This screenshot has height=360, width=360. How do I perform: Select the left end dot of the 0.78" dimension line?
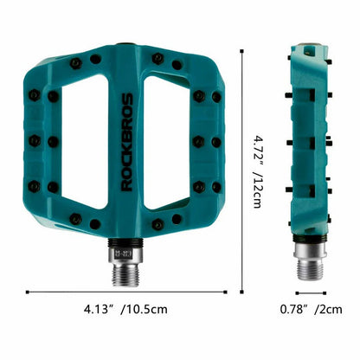pos(287,291)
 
